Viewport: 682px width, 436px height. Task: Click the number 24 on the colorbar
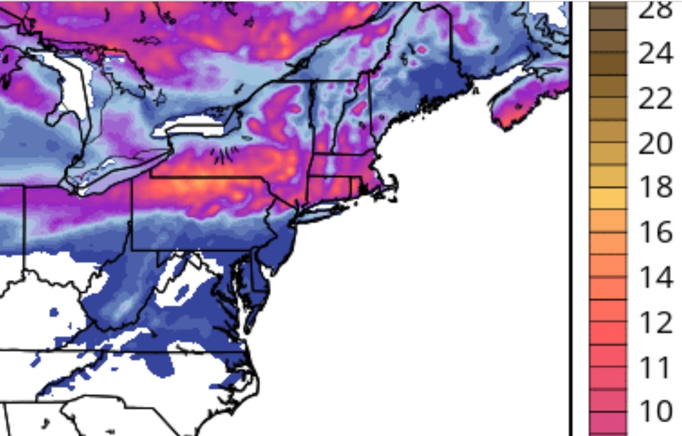coord(656,53)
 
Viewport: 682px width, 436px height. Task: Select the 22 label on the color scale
coord(656,98)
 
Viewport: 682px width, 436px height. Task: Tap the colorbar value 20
coord(656,143)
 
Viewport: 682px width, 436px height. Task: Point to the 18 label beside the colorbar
coord(656,187)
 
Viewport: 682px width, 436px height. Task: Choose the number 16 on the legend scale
coord(656,232)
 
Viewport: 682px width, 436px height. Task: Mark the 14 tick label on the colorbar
coord(656,277)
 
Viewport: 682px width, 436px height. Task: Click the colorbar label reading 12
coord(656,322)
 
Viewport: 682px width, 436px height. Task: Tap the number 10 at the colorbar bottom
coord(656,411)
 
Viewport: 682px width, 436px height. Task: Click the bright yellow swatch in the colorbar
coord(608,198)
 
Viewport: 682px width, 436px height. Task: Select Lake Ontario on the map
coord(196,128)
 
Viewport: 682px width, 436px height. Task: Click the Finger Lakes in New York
coord(223,157)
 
